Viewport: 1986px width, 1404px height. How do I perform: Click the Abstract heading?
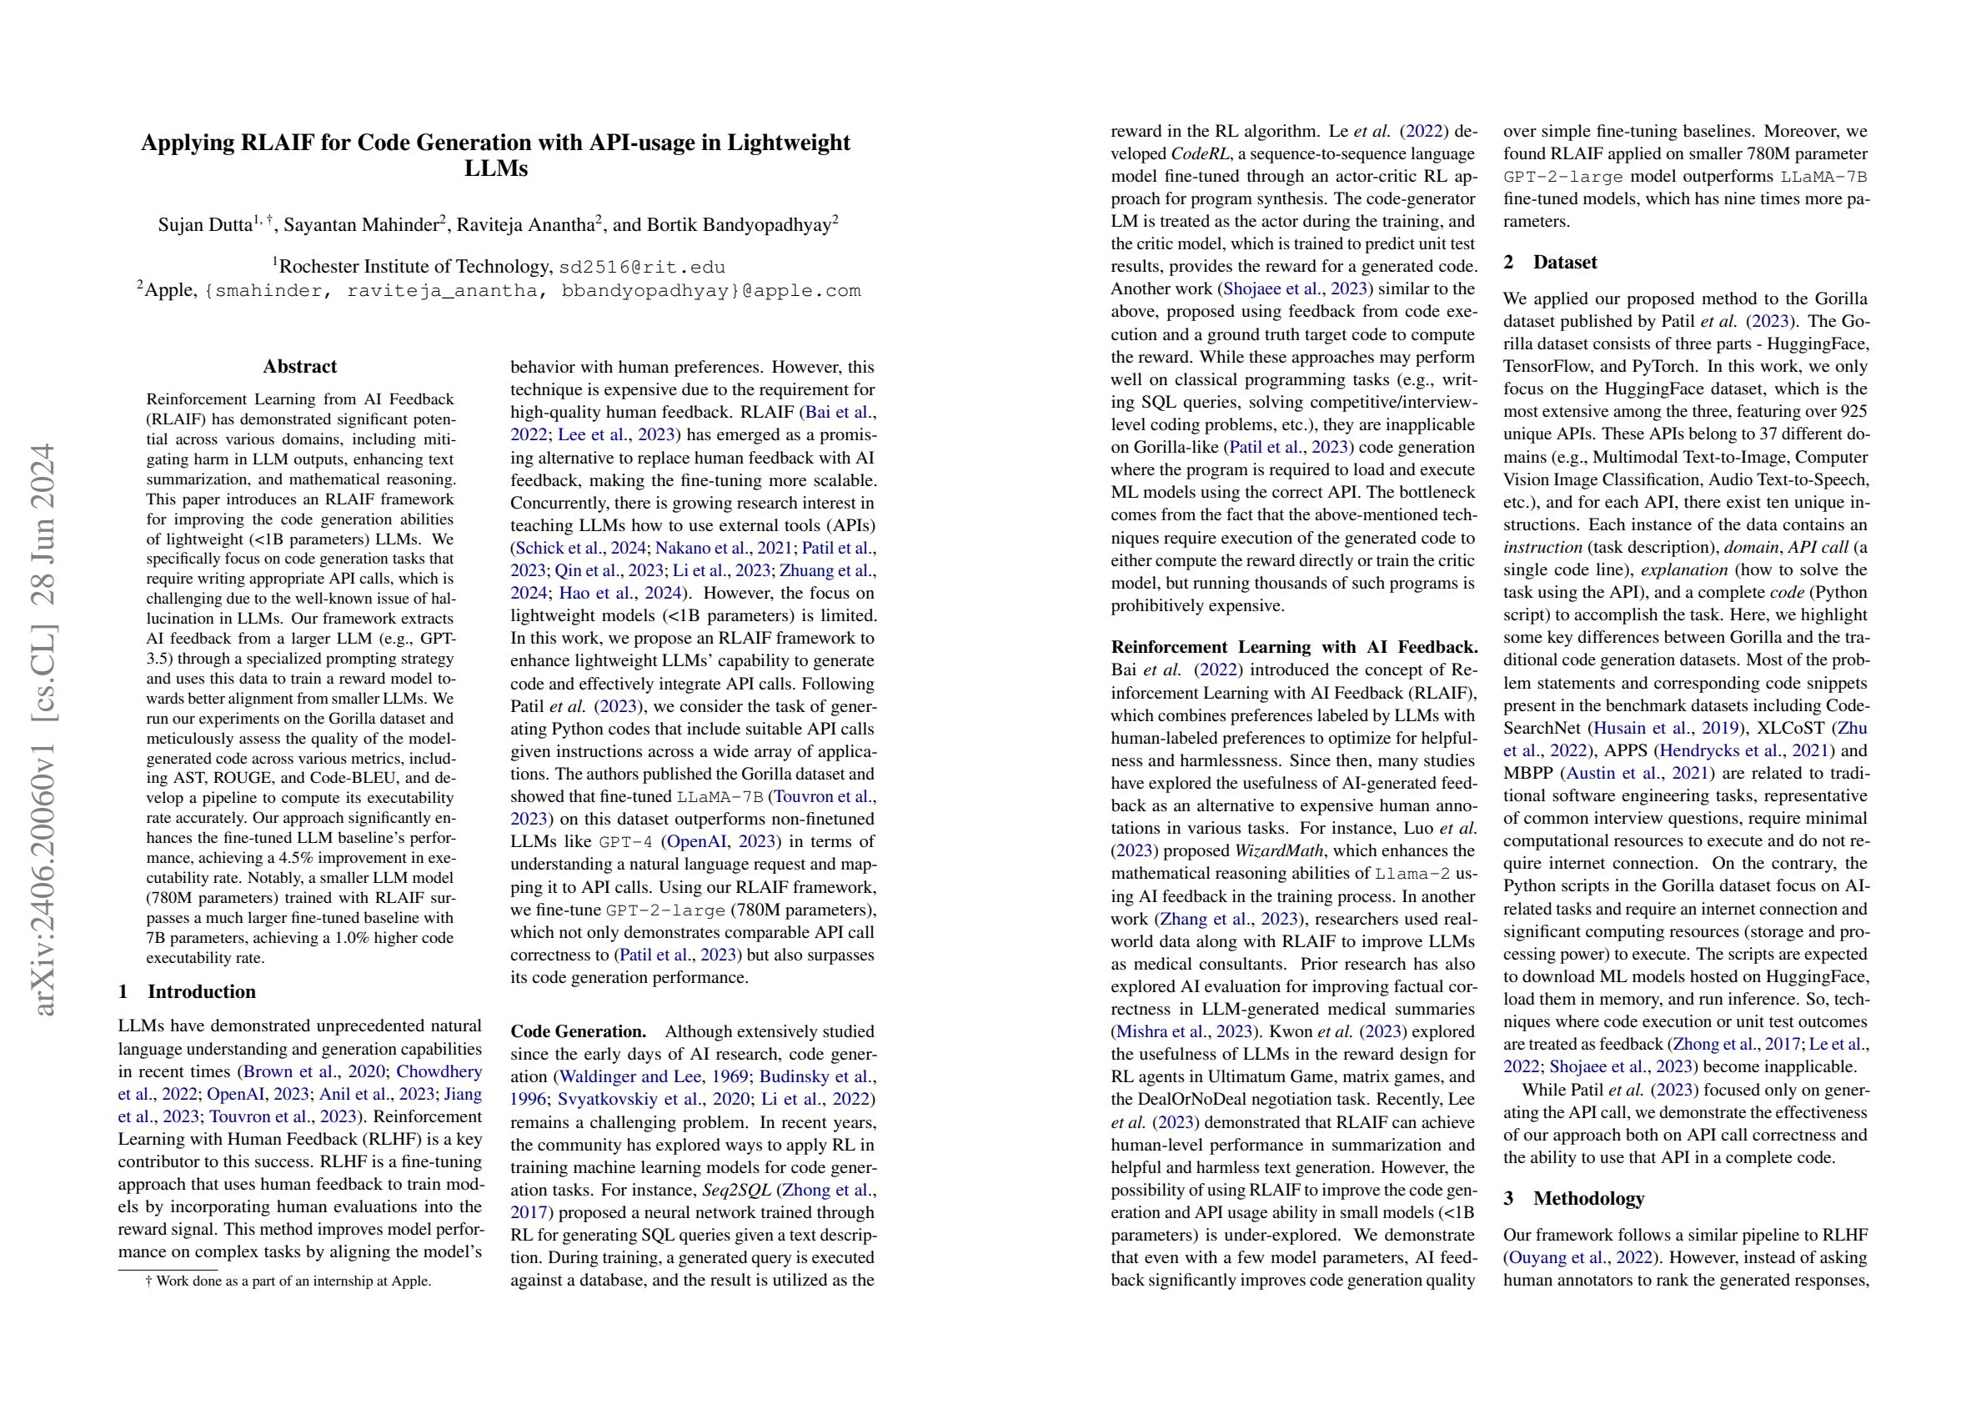tap(299, 367)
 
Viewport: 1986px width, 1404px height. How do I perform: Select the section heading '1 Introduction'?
tap(187, 991)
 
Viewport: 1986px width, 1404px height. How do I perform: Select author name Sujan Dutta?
tap(204, 225)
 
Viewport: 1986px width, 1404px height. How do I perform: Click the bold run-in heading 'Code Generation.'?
tap(578, 1031)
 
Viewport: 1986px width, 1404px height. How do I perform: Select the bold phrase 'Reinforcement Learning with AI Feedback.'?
tap(1294, 647)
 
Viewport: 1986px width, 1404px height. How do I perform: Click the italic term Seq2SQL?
tap(736, 1190)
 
